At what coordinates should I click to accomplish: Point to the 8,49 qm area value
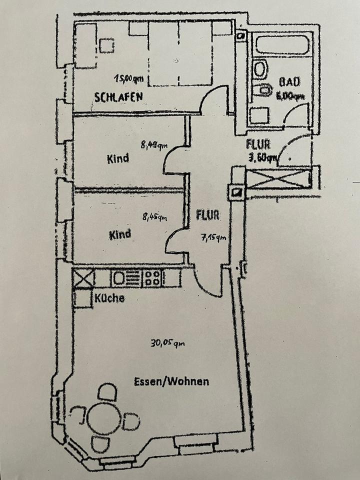pyautogui.click(x=154, y=145)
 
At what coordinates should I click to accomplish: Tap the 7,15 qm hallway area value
pyautogui.click(x=213, y=237)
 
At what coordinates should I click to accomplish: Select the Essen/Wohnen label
pyautogui.click(x=171, y=381)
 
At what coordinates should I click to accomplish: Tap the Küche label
pyautogui.click(x=109, y=298)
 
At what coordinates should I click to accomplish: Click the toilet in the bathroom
pyautogui.click(x=262, y=91)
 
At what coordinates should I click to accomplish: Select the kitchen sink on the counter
pyautogui.click(x=120, y=278)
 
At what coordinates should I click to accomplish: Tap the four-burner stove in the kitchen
pyautogui.click(x=153, y=278)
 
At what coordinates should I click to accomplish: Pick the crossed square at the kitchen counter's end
pyautogui.click(x=83, y=278)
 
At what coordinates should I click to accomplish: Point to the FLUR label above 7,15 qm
pyautogui.click(x=207, y=216)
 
